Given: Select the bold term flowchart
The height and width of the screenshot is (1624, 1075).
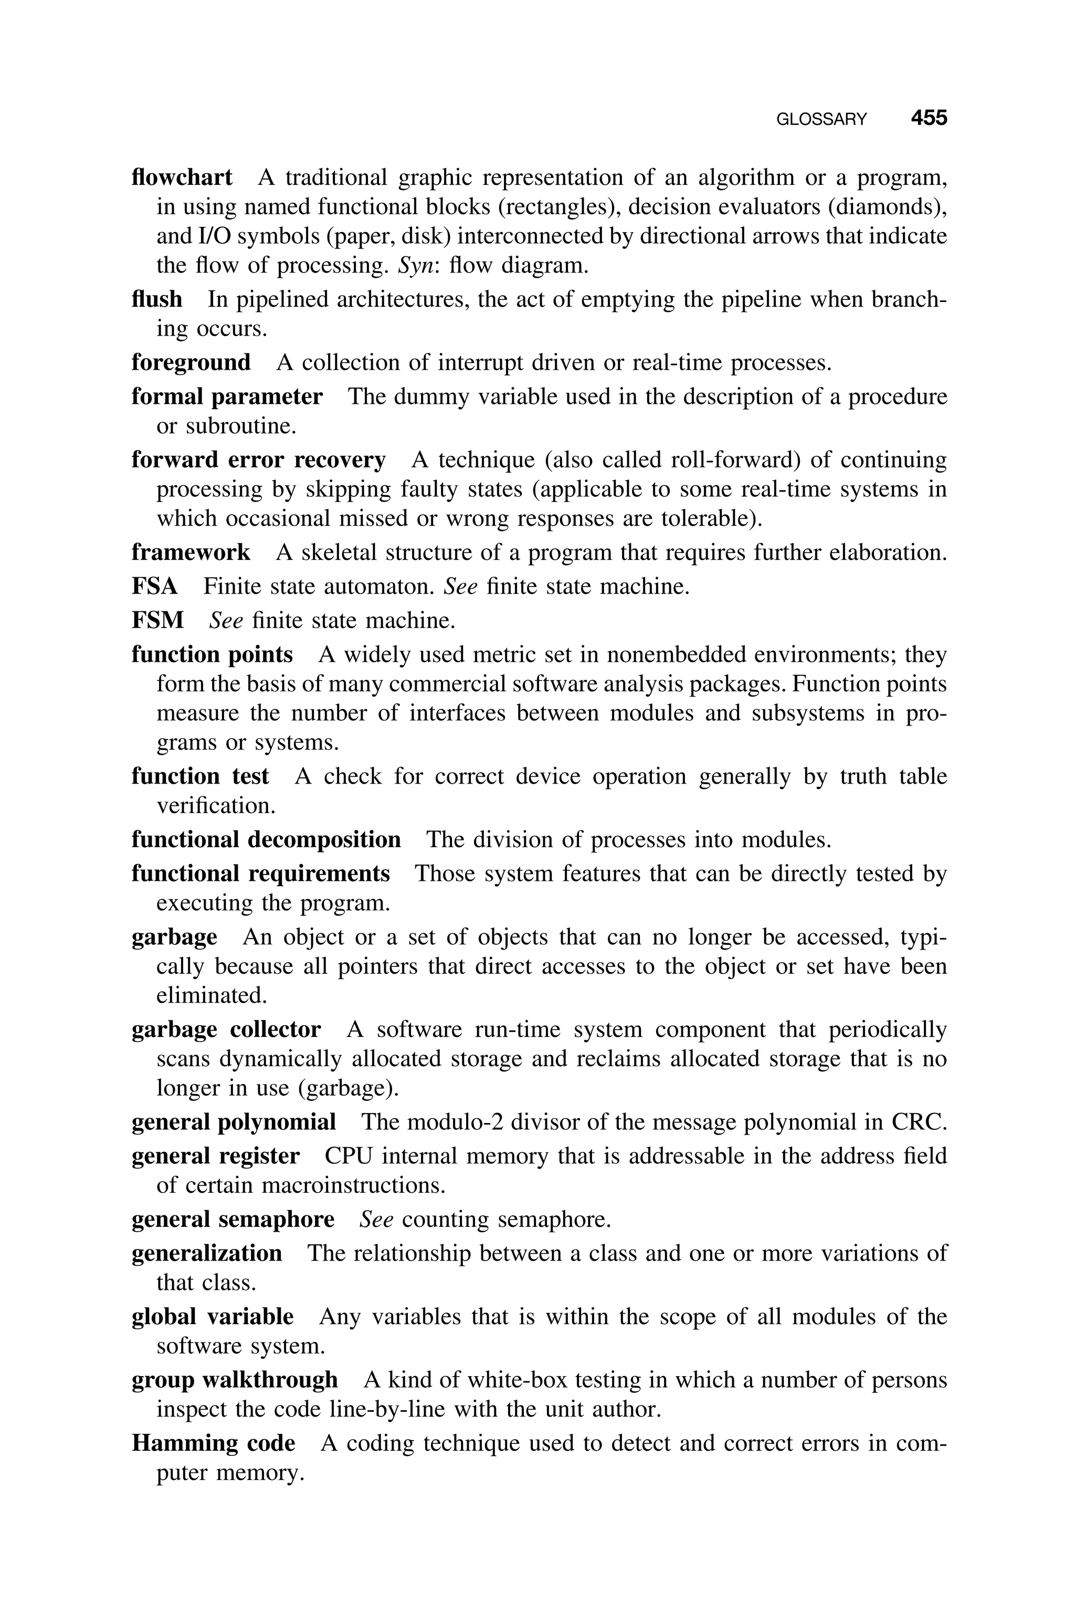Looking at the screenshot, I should (182, 178).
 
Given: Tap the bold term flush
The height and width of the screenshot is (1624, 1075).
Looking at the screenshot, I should (157, 300).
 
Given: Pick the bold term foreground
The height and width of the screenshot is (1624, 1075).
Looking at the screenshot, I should (191, 362).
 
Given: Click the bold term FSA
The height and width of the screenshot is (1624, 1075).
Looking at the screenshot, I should (154, 586).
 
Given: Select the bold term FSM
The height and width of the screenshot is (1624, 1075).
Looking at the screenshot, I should (157, 621).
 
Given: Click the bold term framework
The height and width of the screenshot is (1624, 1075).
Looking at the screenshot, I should (191, 553).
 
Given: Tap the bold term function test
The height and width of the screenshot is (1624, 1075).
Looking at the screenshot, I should (200, 776).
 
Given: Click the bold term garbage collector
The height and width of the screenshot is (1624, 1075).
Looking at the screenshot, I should (226, 1030).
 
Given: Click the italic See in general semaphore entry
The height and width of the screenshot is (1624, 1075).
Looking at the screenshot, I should (376, 1220).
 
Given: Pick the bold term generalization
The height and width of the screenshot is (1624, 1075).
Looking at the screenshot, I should (206, 1254).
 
